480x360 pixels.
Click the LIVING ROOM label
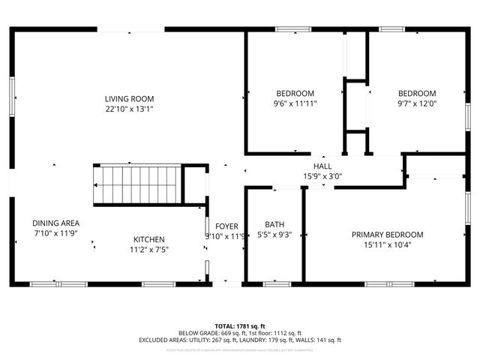pyautogui.click(x=130, y=98)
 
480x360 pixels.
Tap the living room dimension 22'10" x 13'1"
pyautogui.click(x=130, y=109)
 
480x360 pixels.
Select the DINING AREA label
pyautogui.click(x=55, y=223)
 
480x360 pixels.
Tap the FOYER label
pyautogui.click(x=226, y=226)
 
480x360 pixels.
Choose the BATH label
pyautogui.click(x=274, y=224)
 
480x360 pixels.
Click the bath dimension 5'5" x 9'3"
pyautogui.click(x=274, y=235)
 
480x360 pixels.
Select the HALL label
pyautogui.click(x=322, y=166)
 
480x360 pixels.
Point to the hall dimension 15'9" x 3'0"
pyautogui.click(x=322, y=177)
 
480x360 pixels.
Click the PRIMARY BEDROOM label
pyautogui.click(x=387, y=234)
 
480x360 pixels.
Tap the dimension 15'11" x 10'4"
pyautogui.click(x=387, y=244)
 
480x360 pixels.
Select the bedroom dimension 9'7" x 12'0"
pyautogui.click(x=416, y=104)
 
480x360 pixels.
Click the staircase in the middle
pyautogui.click(x=138, y=184)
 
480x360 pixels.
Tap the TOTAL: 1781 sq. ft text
pyautogui.click(x=239, y=326)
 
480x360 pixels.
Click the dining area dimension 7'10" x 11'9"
pyautogui.click(x=55, y=233)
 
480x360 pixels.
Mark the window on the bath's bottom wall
pyautogui.click(x=274, y=284)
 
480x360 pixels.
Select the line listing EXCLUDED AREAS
pyautogui.click(x=239, y=340)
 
